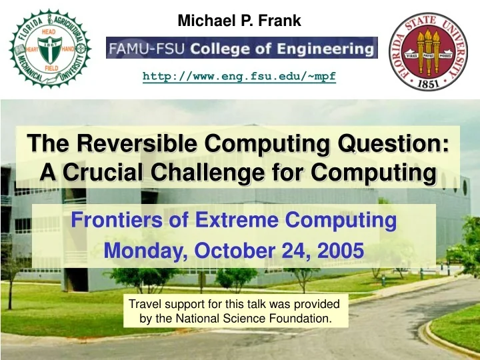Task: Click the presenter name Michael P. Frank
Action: point(239,21)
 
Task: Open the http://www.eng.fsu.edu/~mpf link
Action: point(239,77)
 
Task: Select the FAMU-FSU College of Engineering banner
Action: point(242,48)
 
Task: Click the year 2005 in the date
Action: point(341,251)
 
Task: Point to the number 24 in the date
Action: point(297,251)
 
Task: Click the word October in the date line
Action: point(234,251)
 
